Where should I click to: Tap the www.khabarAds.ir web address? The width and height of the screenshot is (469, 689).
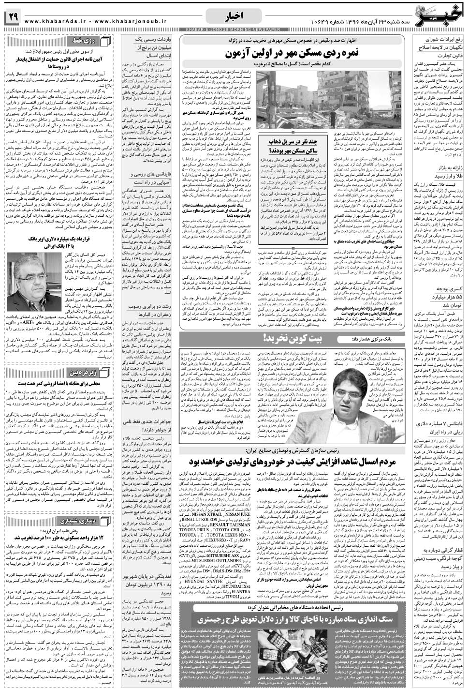(x=50, y=21)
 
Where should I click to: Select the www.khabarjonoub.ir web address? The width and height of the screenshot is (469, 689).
(x=126, y=21)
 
